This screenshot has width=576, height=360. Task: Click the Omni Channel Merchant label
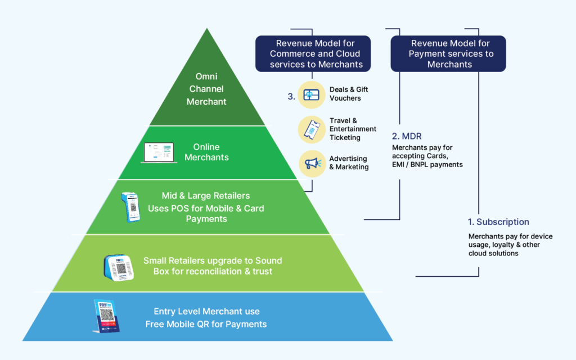click(206, 89)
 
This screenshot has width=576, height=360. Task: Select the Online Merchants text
click(206, 152)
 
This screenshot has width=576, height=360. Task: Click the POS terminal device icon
click(130, 208)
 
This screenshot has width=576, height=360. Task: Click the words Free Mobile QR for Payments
click(206, 324)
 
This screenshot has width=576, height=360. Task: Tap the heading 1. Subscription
click(498, 222)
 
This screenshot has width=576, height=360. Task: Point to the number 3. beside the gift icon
click(291, 97)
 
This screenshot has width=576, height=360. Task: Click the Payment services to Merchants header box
click(448, 54)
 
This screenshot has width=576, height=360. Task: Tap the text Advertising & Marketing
click(348, 163)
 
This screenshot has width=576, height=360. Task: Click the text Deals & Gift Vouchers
click(349, 94)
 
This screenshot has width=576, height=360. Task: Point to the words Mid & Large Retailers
click(206, 196)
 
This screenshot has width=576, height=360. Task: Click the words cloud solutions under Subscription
click(493, 254)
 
